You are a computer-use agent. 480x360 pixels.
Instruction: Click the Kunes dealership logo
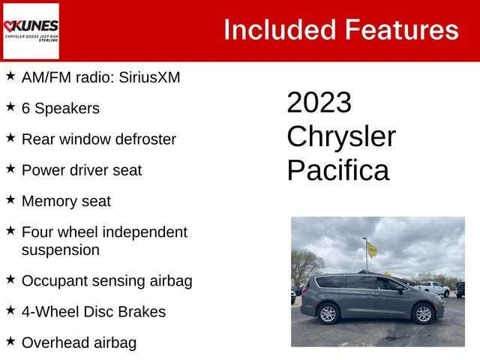click(x=31, y=31)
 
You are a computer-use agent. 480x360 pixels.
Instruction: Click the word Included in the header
click(x=280, y=30)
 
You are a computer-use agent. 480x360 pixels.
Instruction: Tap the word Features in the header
click(x=402, y=30)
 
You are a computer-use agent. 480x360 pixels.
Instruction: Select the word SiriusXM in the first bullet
click(x=149, y=77)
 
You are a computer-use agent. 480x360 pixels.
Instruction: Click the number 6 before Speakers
click(x=25, y=108)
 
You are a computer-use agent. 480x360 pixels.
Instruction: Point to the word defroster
click(x=145, y=139)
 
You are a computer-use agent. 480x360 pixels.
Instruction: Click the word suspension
click(x=61, y=250)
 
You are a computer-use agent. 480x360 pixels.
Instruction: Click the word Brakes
click(x=142, y=312)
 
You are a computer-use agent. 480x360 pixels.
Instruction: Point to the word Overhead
click(x=55, y=343)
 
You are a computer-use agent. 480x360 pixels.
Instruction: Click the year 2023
click(x=319, y=102)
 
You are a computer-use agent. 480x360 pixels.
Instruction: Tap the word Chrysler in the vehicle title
click(x=341, y=137)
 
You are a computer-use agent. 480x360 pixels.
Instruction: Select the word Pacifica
click(x=338, y=170)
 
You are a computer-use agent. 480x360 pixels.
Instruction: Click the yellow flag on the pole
click(x=372, y=249)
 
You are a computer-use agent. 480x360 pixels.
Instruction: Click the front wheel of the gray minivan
click(x=423, y=313)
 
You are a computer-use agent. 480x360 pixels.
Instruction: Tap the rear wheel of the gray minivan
click(x=328, y=313)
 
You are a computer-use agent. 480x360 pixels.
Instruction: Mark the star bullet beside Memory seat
click(x=10, y=199)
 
